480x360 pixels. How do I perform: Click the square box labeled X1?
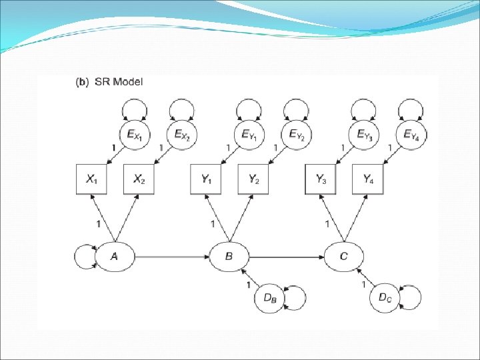93,179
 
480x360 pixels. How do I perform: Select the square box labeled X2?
139,179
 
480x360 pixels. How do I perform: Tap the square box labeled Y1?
207,179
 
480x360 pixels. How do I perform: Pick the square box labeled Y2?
254,179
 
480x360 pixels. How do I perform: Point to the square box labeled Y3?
321,179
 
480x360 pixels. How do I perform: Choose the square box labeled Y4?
368,179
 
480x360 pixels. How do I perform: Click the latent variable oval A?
115,255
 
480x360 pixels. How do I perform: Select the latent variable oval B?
229,256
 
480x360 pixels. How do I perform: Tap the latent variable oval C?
344,256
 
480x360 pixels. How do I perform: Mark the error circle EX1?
134,135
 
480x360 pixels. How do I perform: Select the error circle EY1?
249,135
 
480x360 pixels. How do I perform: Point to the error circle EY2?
296,135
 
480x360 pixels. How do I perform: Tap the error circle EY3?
363,135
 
